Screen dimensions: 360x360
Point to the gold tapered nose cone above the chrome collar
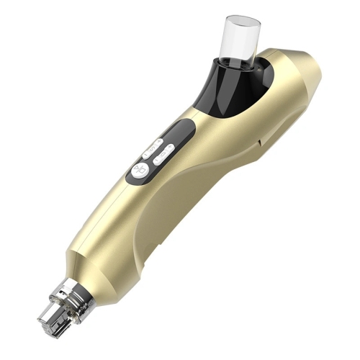(90, 270)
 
